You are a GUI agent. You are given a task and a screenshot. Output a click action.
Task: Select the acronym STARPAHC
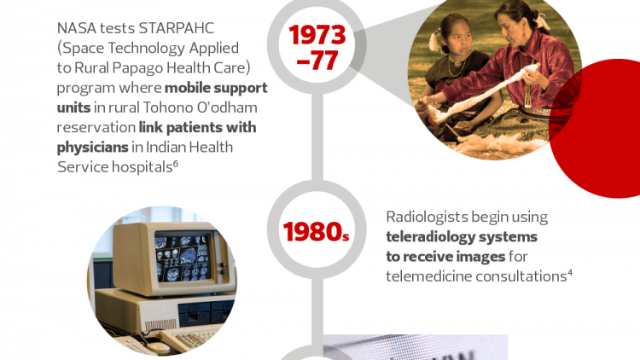point(177,28)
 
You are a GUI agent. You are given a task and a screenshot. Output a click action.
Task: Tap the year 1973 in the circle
point(317,35)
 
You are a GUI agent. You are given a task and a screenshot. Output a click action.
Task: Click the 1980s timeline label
point(317,232)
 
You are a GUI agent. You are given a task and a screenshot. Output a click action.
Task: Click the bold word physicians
point(93,148)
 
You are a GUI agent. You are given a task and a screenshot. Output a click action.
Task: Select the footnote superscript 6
point(176,163)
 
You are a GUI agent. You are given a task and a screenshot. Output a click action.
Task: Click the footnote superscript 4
point(570,273)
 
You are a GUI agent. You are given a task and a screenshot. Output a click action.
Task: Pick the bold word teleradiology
point(430,237)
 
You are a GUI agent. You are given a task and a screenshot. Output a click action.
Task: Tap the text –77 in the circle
point(317,61)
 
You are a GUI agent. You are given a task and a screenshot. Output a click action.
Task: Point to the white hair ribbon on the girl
point(433,41)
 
